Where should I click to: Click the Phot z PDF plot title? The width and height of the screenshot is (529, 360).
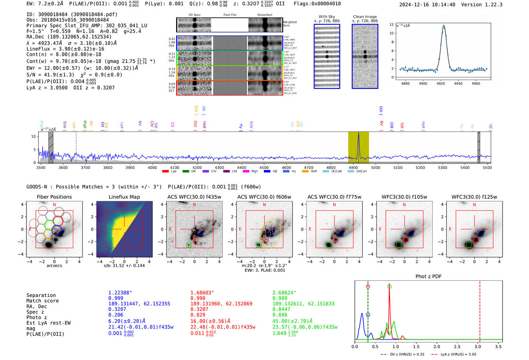click(x=428, y=277)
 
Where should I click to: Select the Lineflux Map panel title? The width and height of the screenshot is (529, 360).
click(x=124, y=197)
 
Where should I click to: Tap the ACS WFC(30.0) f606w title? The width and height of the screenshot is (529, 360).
click(x=264, y=197)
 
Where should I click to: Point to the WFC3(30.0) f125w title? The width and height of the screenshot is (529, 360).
click(x=474, y=197)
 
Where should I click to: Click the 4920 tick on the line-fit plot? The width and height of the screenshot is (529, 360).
click(x=441, y=83)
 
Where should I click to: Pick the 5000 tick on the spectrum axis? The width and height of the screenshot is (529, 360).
click(x=376, y=168)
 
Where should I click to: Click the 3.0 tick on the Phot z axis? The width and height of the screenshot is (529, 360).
click(x=478, y=346)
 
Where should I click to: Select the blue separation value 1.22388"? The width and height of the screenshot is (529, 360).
click(x=120, y=293)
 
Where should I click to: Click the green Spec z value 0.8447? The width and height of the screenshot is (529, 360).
click(x=282, y=309)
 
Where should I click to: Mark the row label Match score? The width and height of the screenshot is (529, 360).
click(x=42, y=301)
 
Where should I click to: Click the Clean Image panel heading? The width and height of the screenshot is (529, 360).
click(x=365, y=17)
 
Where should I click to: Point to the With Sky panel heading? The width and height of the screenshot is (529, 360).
click(x=326, y=17)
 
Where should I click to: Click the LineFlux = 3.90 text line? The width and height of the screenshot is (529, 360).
click(x=65, y=49)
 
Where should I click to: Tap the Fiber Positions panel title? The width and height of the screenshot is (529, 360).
click(x=54, y=197)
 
